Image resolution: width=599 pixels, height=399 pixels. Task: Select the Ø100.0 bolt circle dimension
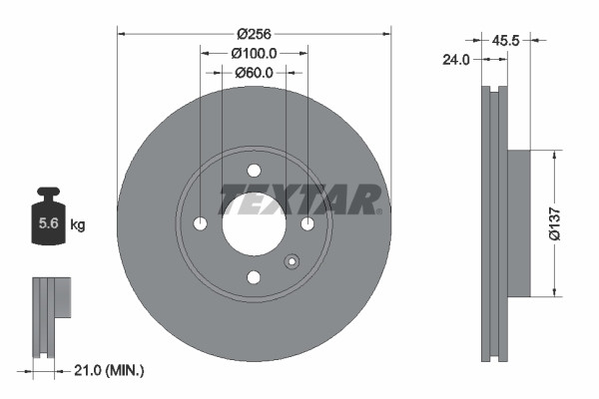click(x=254, y=52)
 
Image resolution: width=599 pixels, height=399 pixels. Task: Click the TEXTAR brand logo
click(x=299, y=200)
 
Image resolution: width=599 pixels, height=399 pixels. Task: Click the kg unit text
click(x=78, y=225)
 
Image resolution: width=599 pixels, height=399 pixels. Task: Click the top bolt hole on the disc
click(x=254, y=169)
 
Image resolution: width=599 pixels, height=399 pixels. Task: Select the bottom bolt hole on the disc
click(x=254, y=276)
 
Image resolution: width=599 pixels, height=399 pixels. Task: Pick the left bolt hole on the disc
click(x=200, y=222)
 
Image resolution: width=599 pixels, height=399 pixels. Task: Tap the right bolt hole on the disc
click(x=307, y=222)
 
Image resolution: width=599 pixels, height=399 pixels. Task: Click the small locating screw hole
click(x=292, y=262)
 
